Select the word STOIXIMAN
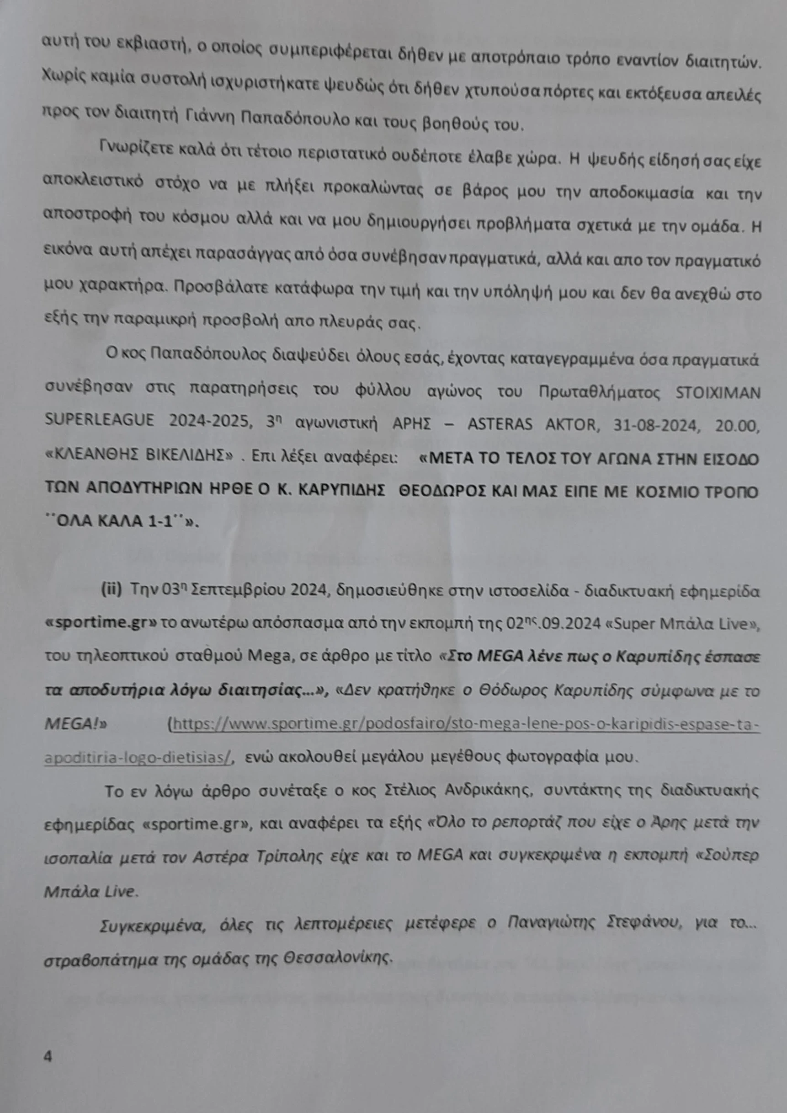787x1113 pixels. tap(718, 393)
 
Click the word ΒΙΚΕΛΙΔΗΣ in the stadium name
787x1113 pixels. tap(191, 455)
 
